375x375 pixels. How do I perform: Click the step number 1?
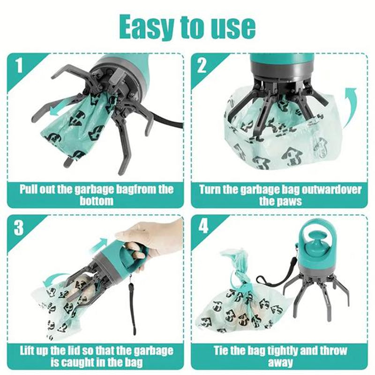click(19, 66)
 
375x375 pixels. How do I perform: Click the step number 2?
click(202, 66)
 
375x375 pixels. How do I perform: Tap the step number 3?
click(19, 228)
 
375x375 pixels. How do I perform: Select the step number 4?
click(202, 227)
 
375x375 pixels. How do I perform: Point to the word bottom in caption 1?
click(96, 202)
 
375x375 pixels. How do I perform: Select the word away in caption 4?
click(280, 362)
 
